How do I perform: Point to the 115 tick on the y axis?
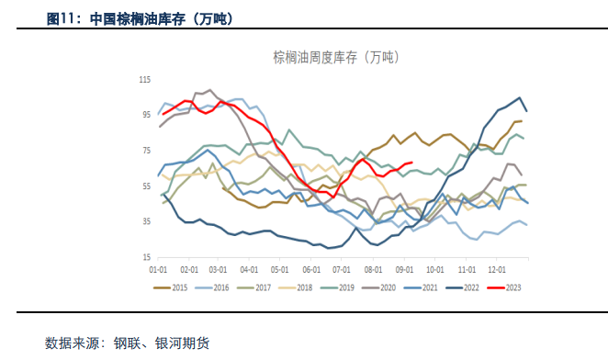point(145,80)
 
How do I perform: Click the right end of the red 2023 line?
point(411,163)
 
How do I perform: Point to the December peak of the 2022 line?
point(520,97)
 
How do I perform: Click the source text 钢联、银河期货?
point(161,343)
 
